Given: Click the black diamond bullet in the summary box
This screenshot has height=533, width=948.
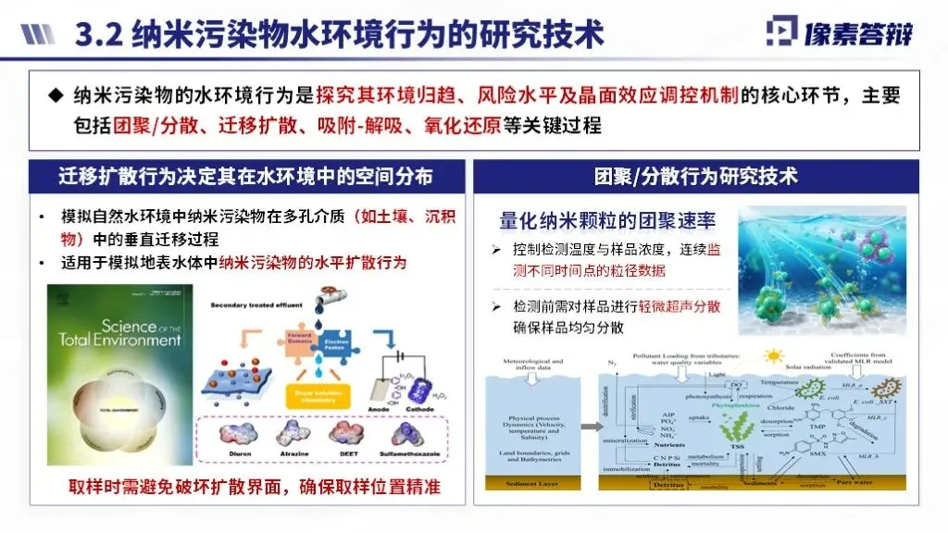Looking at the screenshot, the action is point(56,95).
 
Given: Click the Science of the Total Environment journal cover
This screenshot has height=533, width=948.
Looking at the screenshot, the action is point(115,379).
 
